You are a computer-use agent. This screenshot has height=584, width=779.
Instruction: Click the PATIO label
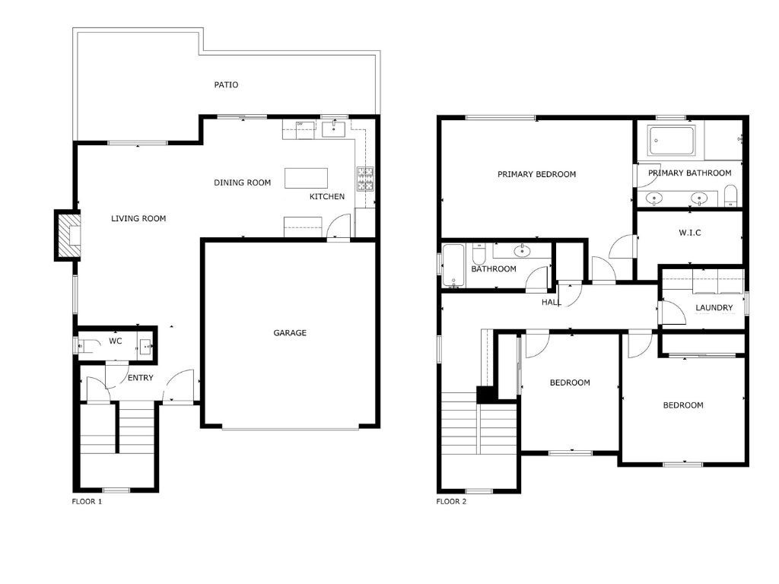[x=226, y=85]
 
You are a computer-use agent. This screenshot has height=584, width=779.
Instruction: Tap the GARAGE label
[x=290, y=333]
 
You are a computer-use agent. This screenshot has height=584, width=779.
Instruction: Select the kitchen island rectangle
[x=306, y=178]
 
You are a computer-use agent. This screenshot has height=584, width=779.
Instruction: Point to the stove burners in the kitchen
[x=365, y=179]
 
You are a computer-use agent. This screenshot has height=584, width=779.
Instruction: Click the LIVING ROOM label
[x=138, y=218]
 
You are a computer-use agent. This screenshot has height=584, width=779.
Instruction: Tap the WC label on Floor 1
[x=116, y=341]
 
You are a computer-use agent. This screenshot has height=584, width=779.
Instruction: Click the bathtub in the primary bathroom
[x=672, y=141]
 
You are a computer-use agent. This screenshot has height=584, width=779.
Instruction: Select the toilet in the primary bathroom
[x=730, y=195]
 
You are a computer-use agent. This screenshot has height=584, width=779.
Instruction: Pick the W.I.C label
[x=689, y=233]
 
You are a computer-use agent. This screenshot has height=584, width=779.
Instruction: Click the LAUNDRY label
[x=714, y=308]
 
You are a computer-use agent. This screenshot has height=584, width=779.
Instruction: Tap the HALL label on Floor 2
[x=551, y=302]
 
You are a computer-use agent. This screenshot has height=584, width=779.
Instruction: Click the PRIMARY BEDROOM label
[x=536, y=174]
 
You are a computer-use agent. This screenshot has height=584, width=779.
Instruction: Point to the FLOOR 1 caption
[x=87, y=502]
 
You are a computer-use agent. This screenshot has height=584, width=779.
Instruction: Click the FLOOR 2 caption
[x=451, y=502]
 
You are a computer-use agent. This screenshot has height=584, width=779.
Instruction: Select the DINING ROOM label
[x=242, y=182]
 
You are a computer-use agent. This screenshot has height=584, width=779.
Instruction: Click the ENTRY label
[x=140, y=378]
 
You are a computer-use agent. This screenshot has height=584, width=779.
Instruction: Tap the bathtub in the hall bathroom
[x=453, y=265]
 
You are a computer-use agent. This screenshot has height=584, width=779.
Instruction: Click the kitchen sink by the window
[x=335, y=128]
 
